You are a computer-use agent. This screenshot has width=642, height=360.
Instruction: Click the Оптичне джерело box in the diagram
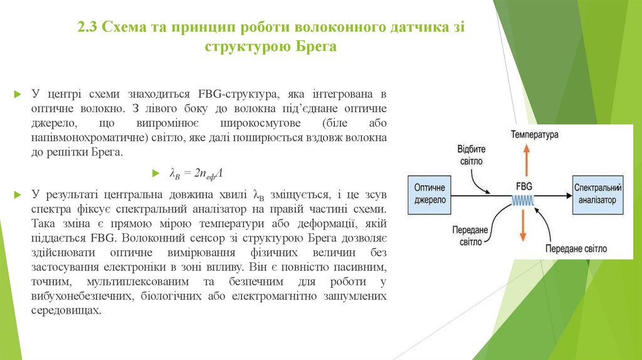[x=429, y=194]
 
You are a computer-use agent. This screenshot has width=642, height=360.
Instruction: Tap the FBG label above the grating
[x=525, y=186]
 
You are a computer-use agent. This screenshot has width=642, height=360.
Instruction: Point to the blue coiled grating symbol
[x=525, y=199]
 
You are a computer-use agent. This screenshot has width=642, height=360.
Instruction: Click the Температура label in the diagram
[x=534, y=134]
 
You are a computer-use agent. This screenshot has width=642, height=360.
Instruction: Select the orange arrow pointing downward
[x=524, y=229]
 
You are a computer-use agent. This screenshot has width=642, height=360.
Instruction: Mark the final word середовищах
[x=65, y=310]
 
